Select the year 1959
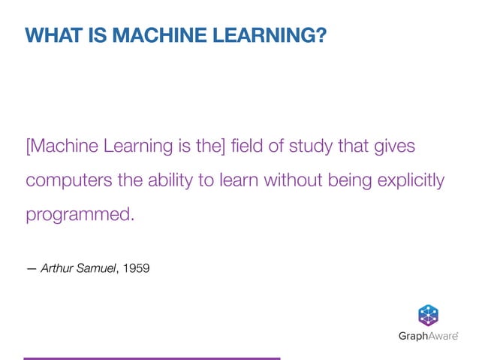[x=136, y=266]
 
